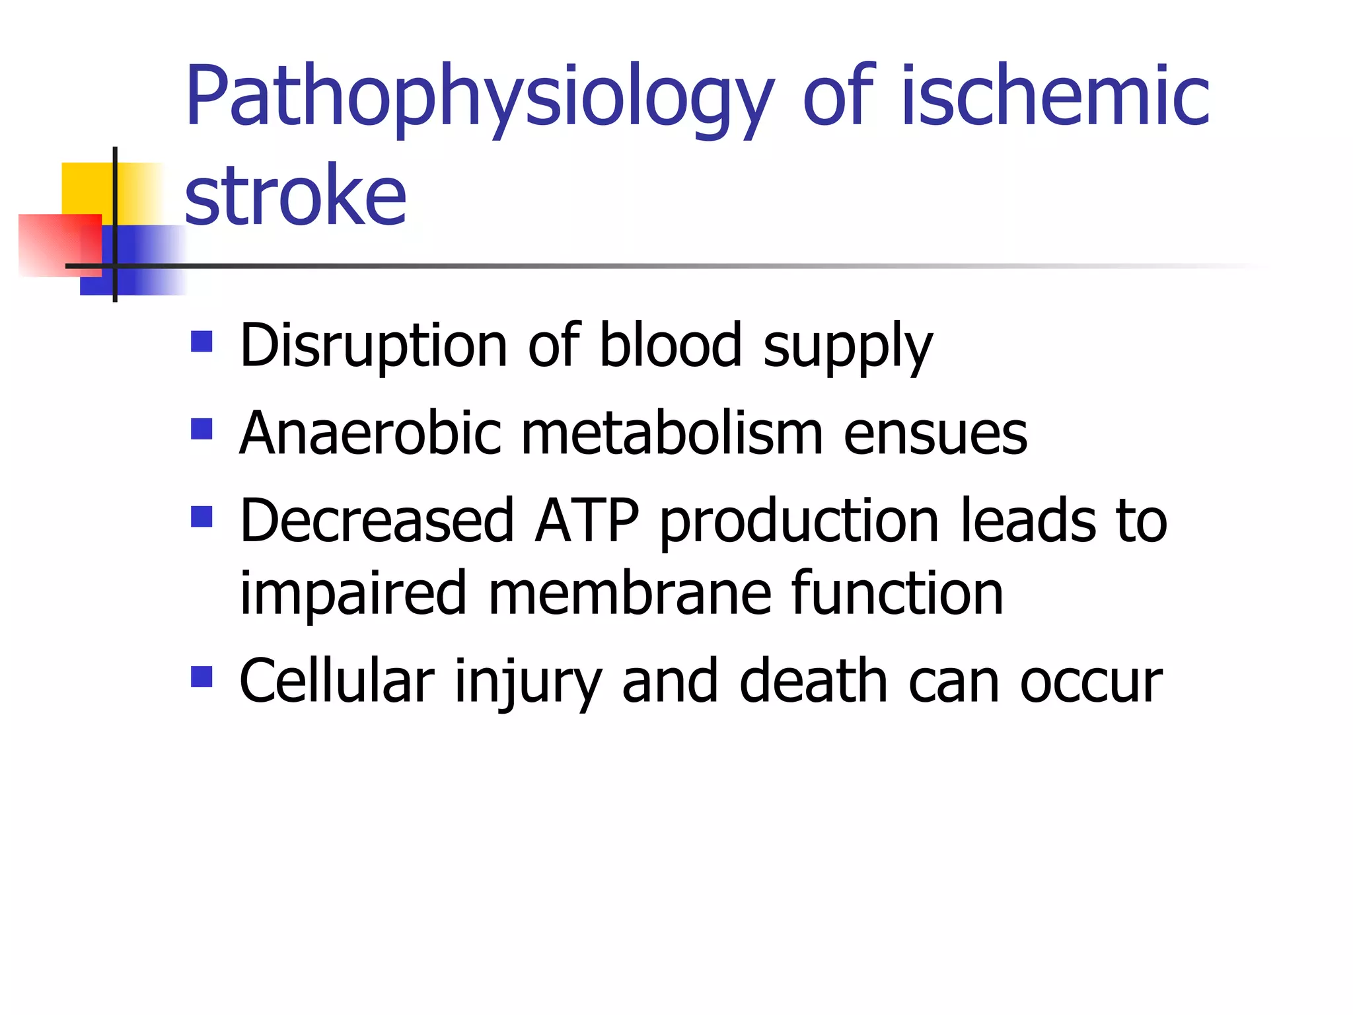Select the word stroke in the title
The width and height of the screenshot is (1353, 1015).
coord(295,196)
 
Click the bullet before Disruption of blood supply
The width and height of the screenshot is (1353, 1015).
coord(201,341)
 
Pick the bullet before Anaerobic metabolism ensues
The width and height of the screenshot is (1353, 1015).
coord(201,429)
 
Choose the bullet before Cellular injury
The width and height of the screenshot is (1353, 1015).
coord(201,677)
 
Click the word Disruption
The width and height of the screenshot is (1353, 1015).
coord(373,346)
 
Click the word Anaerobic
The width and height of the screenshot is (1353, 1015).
coord(371,433)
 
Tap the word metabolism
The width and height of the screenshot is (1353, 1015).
coord(672,433)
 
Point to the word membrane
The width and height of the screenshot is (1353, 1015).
coord(629,593)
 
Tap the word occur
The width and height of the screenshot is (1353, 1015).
coord(1091,683)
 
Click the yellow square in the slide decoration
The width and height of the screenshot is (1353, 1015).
coord(87,188)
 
